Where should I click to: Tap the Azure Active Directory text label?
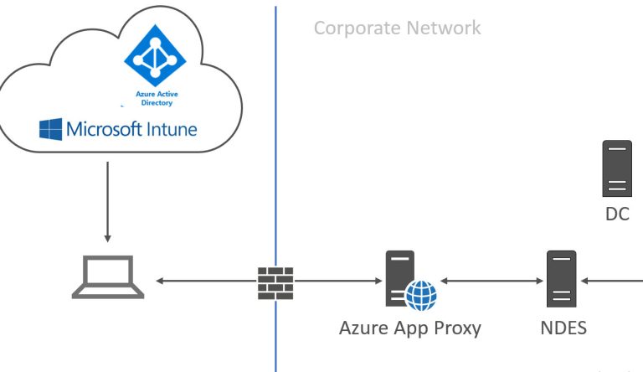[157, 99]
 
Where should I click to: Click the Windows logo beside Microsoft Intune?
[50, 129]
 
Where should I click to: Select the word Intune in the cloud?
[172, 129]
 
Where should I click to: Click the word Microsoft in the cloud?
[104, 129]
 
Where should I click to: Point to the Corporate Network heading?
[398, 28]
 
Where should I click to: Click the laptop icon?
[108, 276]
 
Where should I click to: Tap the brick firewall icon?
[275, 283]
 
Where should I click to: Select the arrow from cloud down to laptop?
[107, 202]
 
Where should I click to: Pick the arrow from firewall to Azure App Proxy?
[338, 281]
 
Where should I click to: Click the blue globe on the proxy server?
[421, 296]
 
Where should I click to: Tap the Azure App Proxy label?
[410, 328]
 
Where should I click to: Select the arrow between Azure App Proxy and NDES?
[491, 281]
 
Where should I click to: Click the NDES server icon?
[562, 279]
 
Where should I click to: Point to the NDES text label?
[563, 328]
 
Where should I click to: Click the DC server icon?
[617, 168]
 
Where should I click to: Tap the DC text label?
[617, 214]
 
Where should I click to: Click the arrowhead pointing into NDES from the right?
[584, 281]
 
